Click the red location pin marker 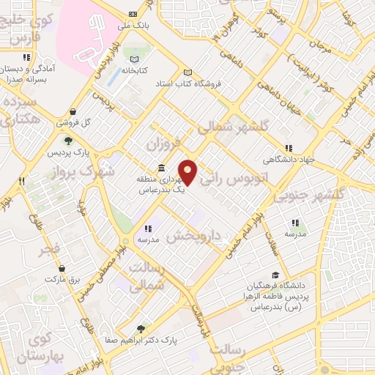coord(189,172)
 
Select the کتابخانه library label coord(134,72)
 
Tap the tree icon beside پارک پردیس coord(67,141)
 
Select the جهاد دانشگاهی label coord(289,159)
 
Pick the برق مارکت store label coord(61,280)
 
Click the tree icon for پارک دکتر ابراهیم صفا coord(141,329)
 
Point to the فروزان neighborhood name coord(162,141)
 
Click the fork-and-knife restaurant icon coord(22,180)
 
